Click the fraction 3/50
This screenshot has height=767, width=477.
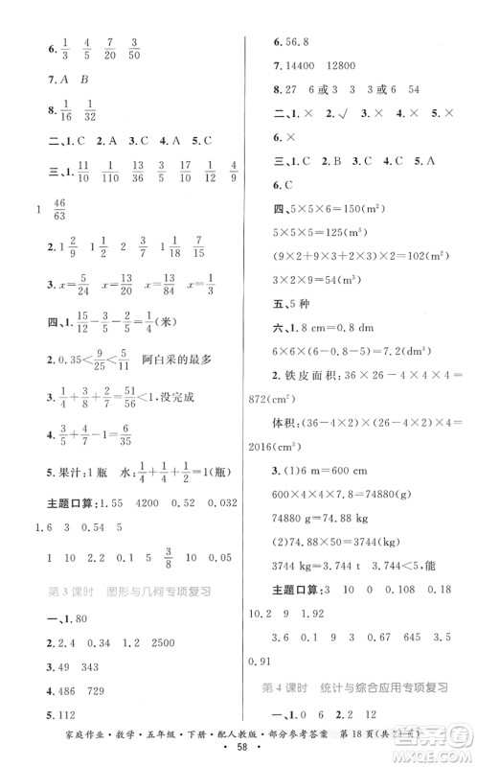133,49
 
